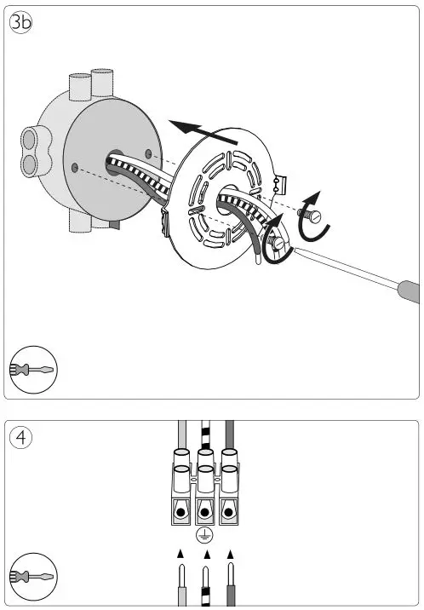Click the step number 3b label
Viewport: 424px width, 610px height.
click(21, 23)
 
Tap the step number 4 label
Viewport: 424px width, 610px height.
click(20, 438)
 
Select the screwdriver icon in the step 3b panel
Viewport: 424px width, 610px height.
click(32, 369)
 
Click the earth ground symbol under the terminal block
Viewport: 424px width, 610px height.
click(203, 535)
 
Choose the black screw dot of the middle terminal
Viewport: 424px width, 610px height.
click(203, 514)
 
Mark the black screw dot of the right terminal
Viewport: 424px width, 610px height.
click(229, 514)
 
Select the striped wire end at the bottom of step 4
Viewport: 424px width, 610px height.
click(204, 588)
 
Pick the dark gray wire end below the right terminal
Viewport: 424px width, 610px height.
click(230, 588)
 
